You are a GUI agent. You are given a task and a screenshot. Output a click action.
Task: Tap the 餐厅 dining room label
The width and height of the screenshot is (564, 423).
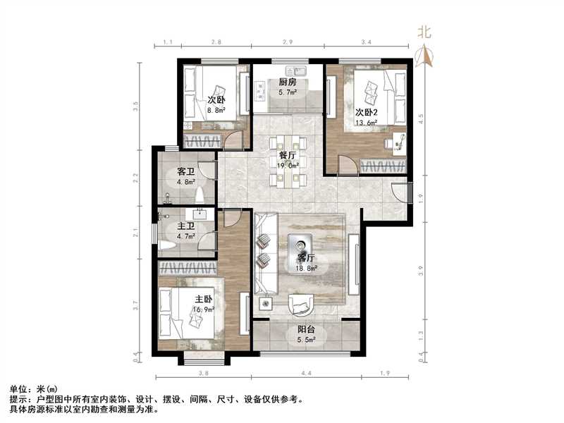(287, 155)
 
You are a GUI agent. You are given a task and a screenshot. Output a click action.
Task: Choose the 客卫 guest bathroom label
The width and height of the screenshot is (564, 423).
(185, 171)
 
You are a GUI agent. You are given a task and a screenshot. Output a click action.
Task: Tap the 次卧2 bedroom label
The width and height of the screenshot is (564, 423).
(367, 112)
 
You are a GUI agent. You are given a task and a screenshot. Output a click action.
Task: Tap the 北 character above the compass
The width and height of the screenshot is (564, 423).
(424, 31)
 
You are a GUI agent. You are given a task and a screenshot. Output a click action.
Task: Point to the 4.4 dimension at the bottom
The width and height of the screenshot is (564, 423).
(307, 373)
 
